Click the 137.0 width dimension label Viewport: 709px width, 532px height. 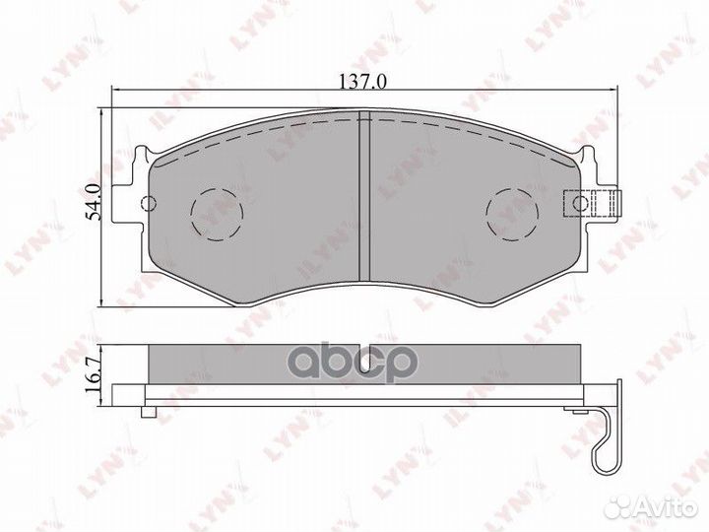tap(362, 83)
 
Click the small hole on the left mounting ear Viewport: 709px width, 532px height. tap(150, 204)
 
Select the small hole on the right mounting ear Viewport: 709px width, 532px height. tap(581, 204)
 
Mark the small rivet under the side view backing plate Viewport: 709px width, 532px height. tap(150, 410)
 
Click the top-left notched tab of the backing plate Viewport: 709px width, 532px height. tap(140, 156)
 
